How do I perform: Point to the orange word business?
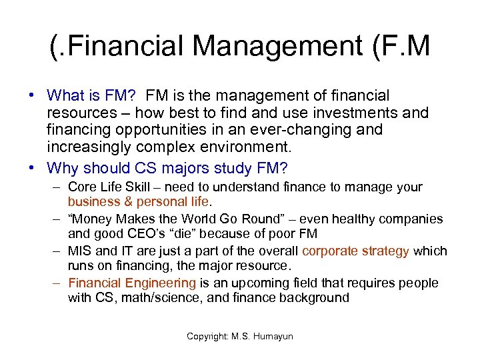[x=92, y=201]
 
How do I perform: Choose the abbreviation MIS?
[x=80, y=251]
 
